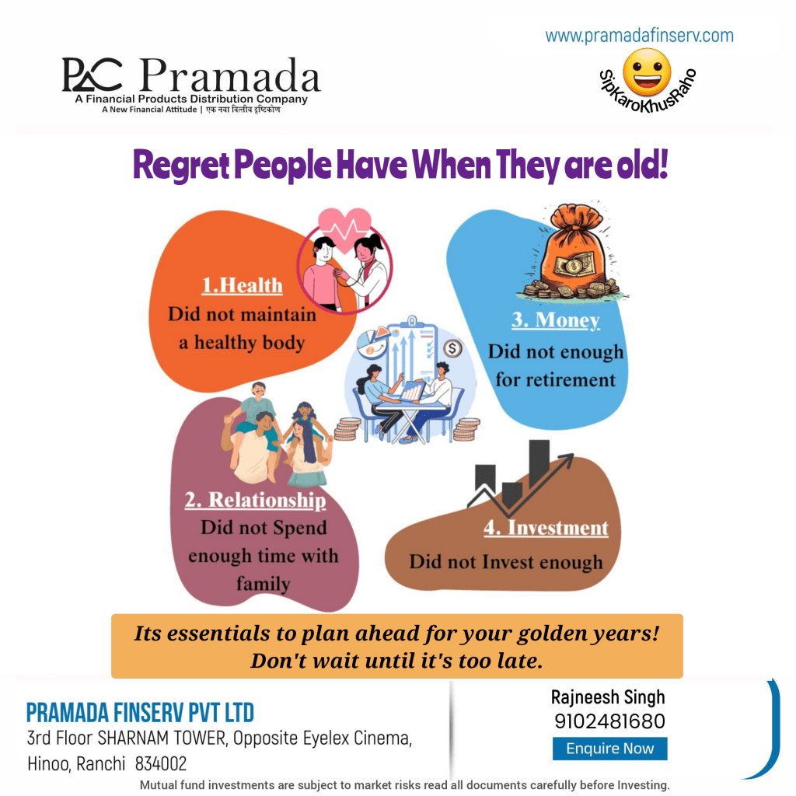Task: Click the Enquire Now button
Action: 609,749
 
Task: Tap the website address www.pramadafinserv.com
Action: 639,36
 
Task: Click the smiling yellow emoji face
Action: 647,72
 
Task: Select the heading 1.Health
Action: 243,285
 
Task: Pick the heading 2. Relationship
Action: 255,500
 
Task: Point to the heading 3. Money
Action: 555,320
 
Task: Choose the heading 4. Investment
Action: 546,528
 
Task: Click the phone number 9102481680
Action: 609,721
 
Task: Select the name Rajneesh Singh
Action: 608,697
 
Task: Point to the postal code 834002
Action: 161,763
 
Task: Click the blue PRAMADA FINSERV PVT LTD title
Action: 140,713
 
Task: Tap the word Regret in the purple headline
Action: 180,166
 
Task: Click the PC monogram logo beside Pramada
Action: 92,75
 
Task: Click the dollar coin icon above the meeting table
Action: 452,349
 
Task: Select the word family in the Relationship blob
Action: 263,584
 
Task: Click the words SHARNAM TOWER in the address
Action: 162,738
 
